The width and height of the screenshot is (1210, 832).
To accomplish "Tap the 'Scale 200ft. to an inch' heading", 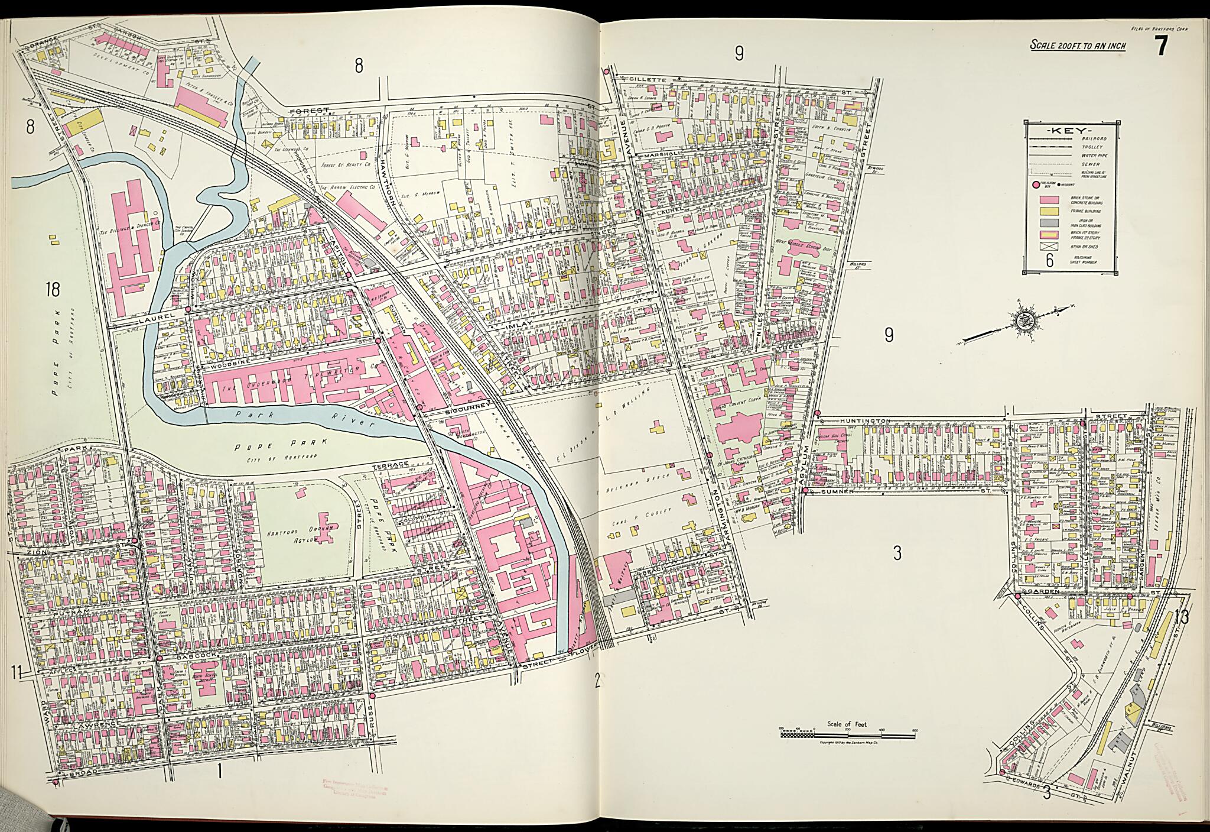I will point(1078,46).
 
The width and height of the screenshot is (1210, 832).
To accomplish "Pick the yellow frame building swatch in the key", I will point(1048,211).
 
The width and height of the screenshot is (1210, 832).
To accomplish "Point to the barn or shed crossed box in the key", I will point(1048,247).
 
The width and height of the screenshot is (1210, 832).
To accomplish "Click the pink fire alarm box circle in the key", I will point(1036,185).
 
